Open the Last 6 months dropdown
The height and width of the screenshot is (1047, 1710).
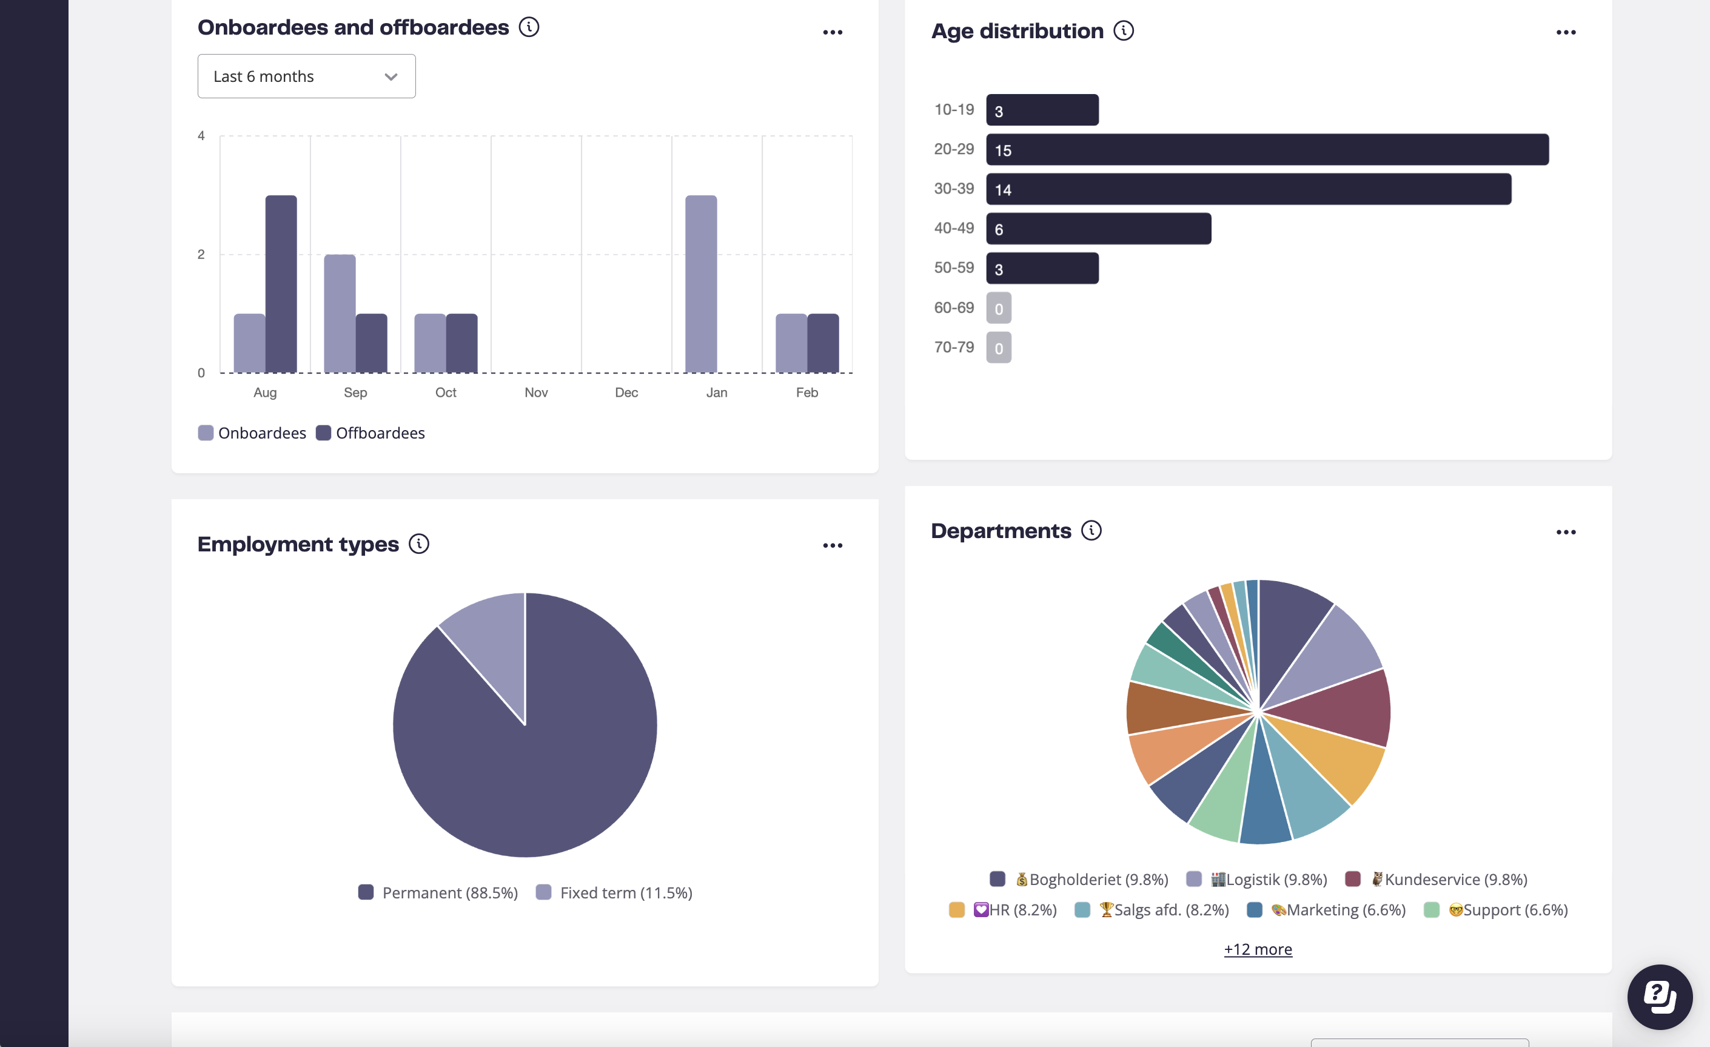click(306, 76)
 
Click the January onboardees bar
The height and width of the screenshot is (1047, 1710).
click(701, 284)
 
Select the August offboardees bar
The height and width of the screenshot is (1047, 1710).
click(281, 284)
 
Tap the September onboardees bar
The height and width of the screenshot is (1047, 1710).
click(340, 314)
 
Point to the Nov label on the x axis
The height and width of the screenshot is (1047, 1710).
click(536, 392)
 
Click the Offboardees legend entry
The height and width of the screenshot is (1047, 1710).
click(370, 433)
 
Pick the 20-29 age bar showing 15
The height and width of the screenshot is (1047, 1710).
click(1267, 150)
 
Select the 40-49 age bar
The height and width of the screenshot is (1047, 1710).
click(1098, 229)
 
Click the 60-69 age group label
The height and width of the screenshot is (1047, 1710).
click(954, 308)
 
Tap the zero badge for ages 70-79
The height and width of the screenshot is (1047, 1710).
click(999, 348)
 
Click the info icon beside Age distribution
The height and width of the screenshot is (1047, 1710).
click(1124, 32)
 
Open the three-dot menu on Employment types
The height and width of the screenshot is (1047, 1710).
click(832, 546)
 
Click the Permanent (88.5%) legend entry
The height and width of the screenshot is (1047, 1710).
click(438, 893)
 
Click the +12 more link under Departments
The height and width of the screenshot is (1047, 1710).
click(1258, 949)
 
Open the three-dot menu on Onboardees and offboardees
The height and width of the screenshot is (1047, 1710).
click(832, 33)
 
